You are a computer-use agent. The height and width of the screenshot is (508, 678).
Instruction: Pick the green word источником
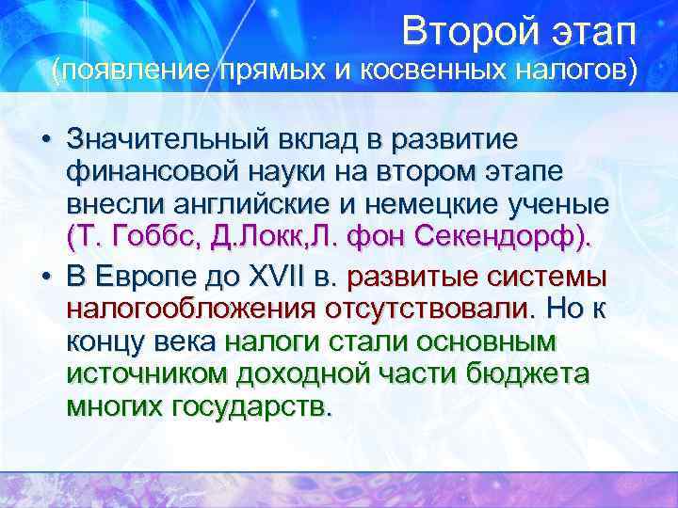(146, 375)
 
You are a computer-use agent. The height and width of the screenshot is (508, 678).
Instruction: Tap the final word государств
(252, 408)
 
